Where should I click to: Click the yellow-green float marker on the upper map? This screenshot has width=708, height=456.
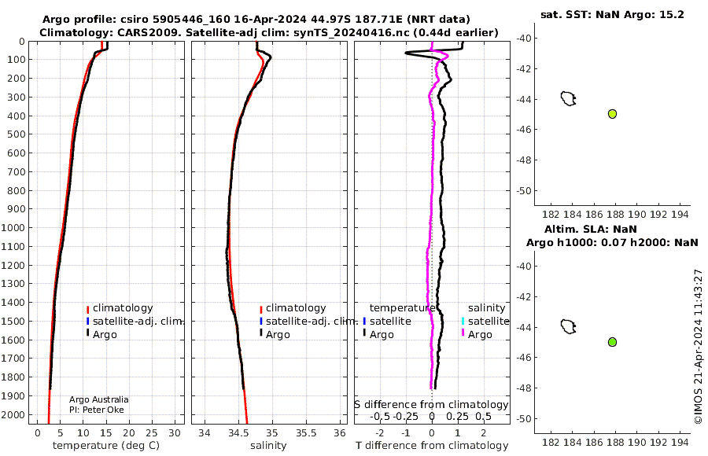612,114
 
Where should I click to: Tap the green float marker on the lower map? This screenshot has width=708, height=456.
612,342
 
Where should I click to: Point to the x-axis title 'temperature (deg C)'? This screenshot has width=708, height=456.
106,446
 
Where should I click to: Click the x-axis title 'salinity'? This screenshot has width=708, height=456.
268,446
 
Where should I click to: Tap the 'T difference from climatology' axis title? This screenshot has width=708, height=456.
432,446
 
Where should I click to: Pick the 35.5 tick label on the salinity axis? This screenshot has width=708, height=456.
306,433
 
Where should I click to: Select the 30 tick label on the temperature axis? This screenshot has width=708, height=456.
175,433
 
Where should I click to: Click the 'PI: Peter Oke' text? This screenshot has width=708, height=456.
97,410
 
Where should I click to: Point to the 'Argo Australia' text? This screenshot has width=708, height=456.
99,399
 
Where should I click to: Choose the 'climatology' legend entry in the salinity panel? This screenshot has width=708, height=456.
293,308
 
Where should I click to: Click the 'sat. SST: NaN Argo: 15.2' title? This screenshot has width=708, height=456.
612,14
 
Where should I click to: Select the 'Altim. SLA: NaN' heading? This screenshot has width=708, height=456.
591,229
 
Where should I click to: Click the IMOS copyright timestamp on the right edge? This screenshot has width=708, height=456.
698,347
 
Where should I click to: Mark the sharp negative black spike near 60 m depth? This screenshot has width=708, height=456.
407,53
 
